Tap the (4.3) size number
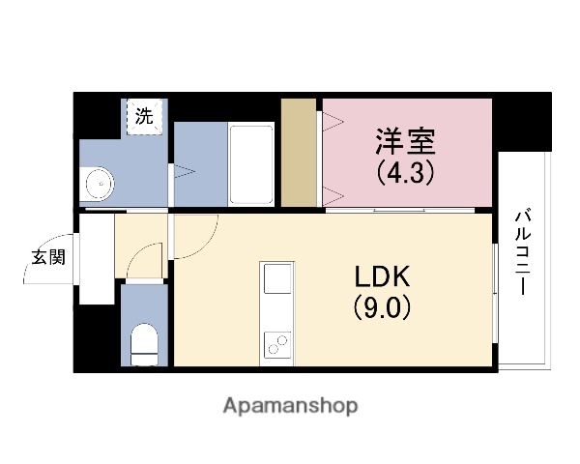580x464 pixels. (406, 174)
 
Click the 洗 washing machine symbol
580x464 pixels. (144, 118)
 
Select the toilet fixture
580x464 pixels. (145, 343)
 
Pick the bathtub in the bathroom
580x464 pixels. (254, 164)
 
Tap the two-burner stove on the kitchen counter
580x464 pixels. (276, 343)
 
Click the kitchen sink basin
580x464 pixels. (276, 281)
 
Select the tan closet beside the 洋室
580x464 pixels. (301, 155)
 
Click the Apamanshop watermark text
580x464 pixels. (290, 405)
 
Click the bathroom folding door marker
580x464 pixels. (184, 174)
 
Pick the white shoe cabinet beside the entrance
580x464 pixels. (97, 259)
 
